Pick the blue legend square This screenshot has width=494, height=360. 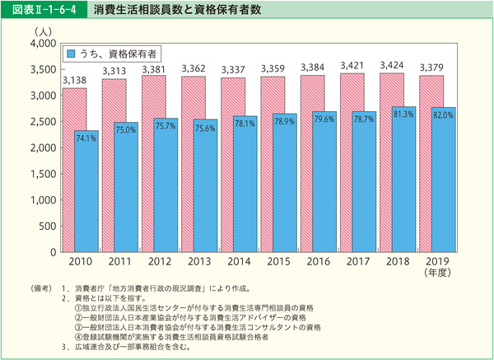[x=72, y=53]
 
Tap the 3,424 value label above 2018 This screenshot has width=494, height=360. [x=392, y=64]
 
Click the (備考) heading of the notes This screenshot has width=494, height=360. [x=41, y=289]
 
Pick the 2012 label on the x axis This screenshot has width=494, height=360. [x=156, y=261]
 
